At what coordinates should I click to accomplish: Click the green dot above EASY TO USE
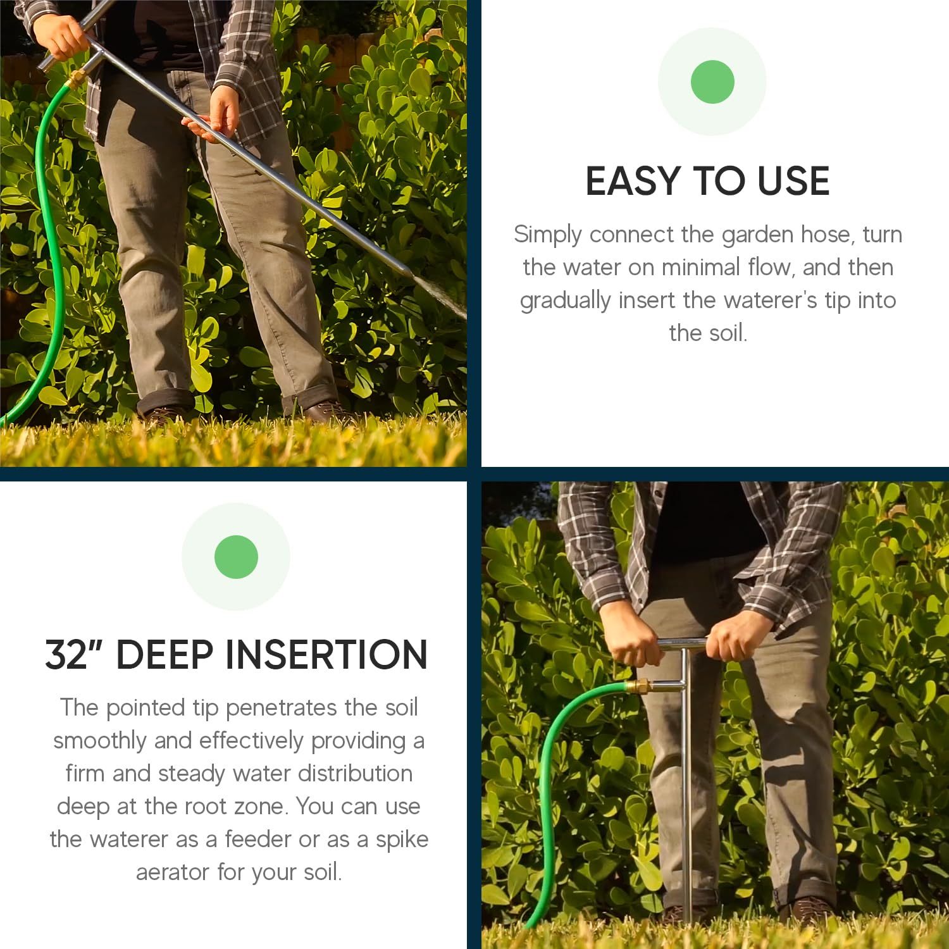(712, 82)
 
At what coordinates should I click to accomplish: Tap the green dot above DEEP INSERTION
(236, 557)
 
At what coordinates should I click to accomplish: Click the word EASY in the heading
(634, 181)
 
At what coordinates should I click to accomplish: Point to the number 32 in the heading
(66, 654)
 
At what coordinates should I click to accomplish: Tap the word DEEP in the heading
(164, 654)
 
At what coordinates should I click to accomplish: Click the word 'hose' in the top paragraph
(828, 234)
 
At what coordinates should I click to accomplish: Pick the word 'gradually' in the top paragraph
(566, 301)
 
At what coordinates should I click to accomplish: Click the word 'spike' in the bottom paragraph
(402, 840)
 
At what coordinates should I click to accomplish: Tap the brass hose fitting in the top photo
(76, 79)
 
